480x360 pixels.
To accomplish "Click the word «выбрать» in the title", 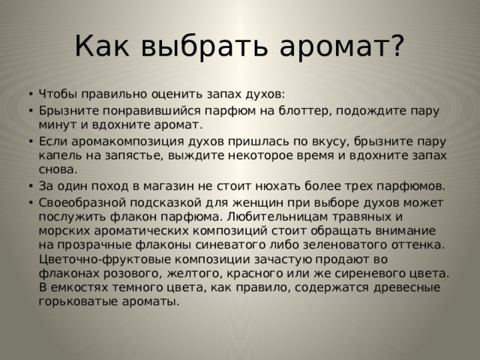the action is [204, 45].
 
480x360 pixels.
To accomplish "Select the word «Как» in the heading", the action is [102, 45].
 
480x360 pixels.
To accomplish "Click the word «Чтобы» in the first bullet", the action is [57, 94].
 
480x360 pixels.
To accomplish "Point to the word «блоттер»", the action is [305, 110].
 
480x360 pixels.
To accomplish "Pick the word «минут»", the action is [57, 125].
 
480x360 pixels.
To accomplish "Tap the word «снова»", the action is [58, 170].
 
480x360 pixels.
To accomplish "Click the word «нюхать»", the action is [277, 186].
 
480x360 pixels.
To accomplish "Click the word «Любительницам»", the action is [277, 217].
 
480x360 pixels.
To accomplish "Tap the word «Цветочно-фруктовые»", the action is [105, 259].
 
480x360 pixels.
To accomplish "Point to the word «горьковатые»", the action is [78, 301].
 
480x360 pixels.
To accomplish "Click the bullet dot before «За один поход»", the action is [30, 186].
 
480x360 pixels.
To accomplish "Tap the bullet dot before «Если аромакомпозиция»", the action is [30, 142].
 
